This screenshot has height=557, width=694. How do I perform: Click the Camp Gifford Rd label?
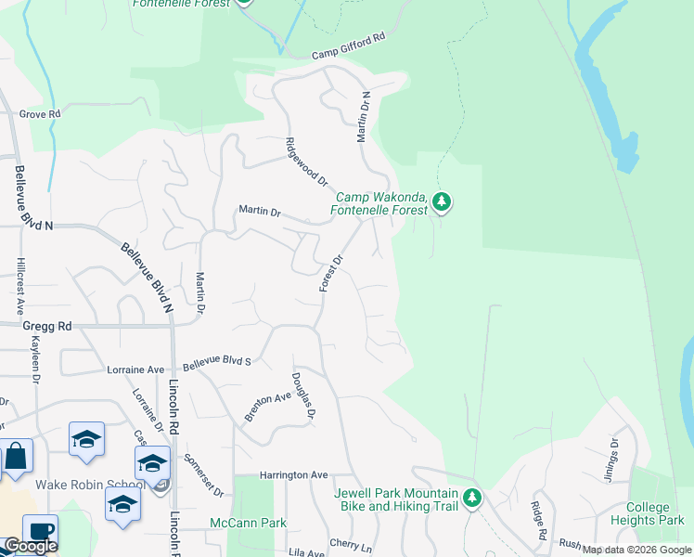(x=348, y=46)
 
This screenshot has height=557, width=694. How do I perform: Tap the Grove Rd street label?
(x=40, y=114)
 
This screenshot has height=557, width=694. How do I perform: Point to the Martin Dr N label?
(x=365, y=117)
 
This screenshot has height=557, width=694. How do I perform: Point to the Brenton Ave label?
(x=268, y=407)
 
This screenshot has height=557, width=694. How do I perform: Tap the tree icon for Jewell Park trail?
(x=473, y=498)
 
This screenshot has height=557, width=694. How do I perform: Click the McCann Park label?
(x=249, y=523)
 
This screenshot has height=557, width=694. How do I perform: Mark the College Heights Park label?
(x=655, y=514)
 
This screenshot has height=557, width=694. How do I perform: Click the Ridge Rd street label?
(x=537, y=522)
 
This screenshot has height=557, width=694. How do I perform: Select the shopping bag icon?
(x=16, y=456)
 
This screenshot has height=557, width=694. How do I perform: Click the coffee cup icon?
(x=39, y=531)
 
